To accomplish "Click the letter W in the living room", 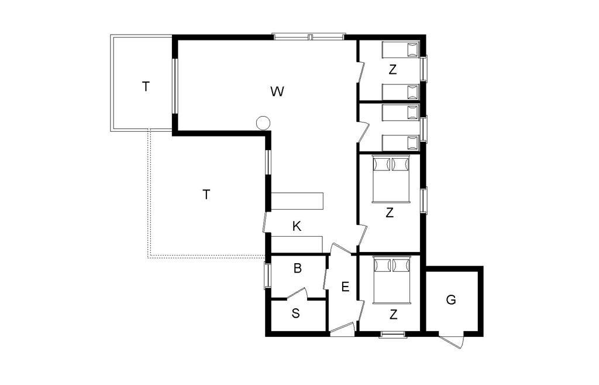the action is click(277, 91).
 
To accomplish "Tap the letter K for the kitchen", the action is click(297, 227).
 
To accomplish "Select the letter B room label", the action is click(298, 268).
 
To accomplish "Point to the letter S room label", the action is click(295, 314).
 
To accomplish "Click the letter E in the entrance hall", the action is click(345, 287).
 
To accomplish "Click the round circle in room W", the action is click(263, 123).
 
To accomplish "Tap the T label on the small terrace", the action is click(146, 87).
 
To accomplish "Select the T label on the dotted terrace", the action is click(206, 195).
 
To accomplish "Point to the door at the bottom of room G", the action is click(452, 340).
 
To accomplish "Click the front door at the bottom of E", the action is click(343, 329).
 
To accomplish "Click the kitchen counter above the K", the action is click(297, 202).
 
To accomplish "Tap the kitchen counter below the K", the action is click(297, 244).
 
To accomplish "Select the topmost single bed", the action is click(400, 50).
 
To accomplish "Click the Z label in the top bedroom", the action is click(393, 70).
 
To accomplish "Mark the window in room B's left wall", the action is click(268, 275).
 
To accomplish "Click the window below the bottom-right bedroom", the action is click(393, 335).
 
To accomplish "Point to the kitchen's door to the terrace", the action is click(266, 223).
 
